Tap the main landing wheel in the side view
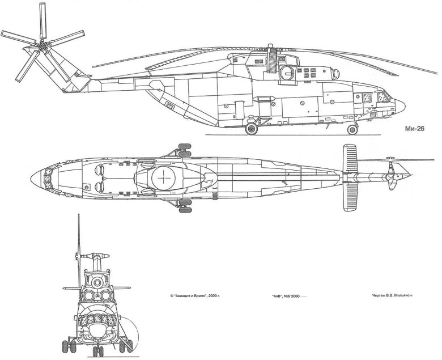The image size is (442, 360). pyautogui.click(x=251, y=130)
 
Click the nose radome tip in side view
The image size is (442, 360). pyautogui.click(x=405, y=106)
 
